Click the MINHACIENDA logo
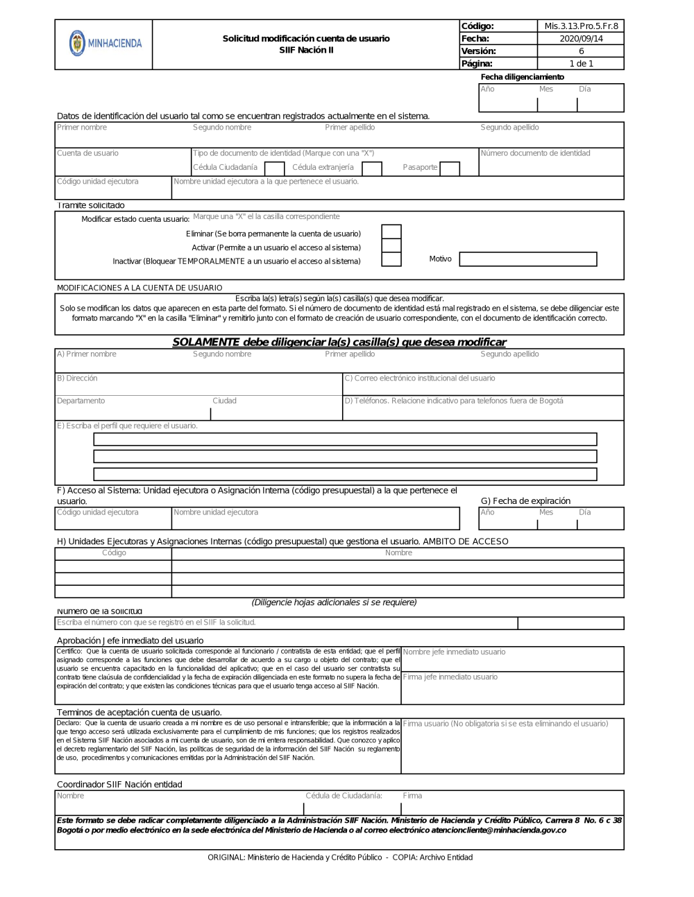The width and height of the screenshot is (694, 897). click(x=105, y=43)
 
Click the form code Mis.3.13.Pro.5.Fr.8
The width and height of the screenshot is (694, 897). click(x=581, y=26)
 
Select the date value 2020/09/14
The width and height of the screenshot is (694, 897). click(x=581, y=39)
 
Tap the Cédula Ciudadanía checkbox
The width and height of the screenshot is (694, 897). click(x=275, y=168)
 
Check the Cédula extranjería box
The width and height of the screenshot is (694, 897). click(x=372, y=168)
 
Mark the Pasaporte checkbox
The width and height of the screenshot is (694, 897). click(x=450, y=168)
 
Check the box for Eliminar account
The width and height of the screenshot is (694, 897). click(x=391, y=232)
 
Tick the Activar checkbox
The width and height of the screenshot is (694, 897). click(x=391, y=246)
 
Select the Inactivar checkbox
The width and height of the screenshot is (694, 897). click(x=391, y=260)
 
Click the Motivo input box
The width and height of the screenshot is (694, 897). click(x=527, y=259)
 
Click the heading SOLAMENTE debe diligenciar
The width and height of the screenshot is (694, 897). click(x=339, y=342)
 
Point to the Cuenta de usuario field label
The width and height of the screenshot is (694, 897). click(x=87, y=153)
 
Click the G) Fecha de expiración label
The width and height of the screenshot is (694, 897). click(x=525, y=501)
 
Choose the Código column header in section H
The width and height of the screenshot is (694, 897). click(x=114, y=553)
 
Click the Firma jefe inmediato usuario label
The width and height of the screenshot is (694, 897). click(x=450, y=677)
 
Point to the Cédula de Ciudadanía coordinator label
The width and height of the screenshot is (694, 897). click(x=344, y=796)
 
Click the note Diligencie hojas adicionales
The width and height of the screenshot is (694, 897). click(x=334, y=602)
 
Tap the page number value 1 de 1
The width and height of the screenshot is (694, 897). click(x=581, y=64)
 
